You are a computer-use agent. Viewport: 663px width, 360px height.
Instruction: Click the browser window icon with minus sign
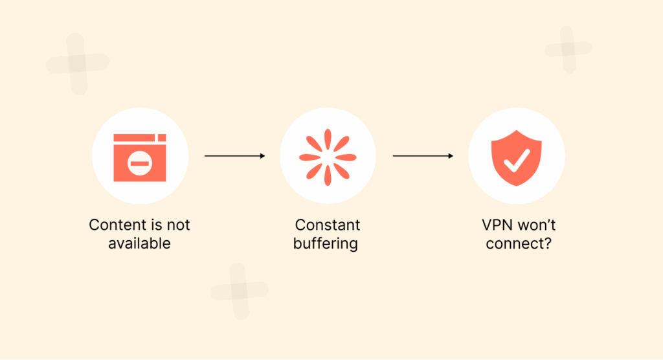pyautogui.click(x=140, y=157)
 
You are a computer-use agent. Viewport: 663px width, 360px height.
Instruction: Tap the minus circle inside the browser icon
pyautogui.click(x=139, y=163)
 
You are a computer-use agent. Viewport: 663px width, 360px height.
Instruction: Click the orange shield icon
pyautogui.click(x=516, y=157)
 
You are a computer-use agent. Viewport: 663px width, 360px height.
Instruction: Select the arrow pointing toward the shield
pyautogui.click(x=423, y=156)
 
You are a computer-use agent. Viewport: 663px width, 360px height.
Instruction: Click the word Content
pyautogui.click(x=118, y=225)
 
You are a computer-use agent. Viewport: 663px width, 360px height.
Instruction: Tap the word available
pyautogui.click(x=140, y=243)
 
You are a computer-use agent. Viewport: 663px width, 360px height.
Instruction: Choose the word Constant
pyautogui.click(x=328, y=225)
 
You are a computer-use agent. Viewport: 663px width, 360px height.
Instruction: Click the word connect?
pyautogui.click(x=516, y=243)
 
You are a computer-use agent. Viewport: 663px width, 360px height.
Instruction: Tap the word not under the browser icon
pyautogui.click(x=178, y=225)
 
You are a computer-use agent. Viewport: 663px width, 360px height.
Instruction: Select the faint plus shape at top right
pyautogui.click(x=568, y=49)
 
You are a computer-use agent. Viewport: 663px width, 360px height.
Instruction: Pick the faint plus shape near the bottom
pyautogui.click(x=239, y=291)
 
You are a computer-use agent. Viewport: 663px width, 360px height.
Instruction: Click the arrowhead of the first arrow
pyautogui.click(x=262, y=156)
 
